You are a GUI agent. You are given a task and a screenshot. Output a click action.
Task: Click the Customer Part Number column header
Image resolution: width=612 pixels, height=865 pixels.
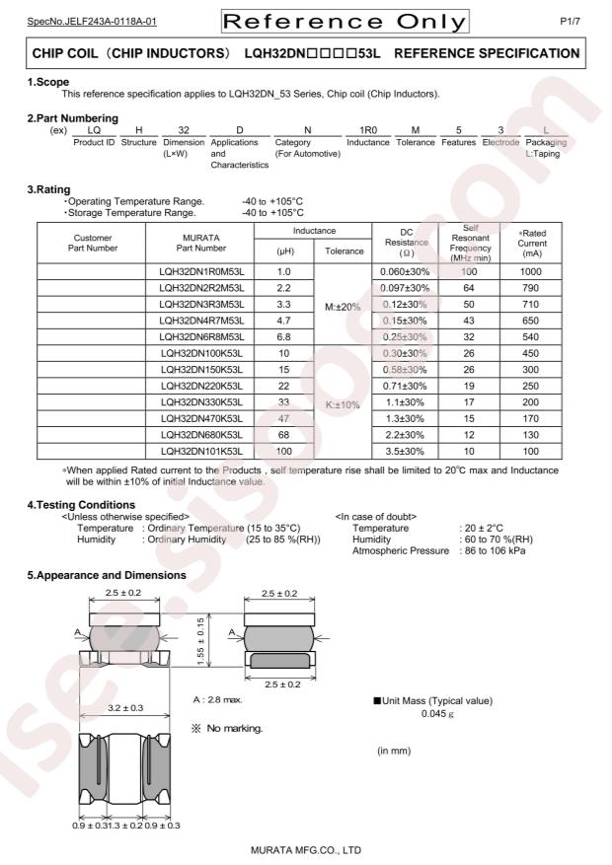93,243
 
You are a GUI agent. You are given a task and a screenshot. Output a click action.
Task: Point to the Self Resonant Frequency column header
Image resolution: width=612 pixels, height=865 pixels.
476,243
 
